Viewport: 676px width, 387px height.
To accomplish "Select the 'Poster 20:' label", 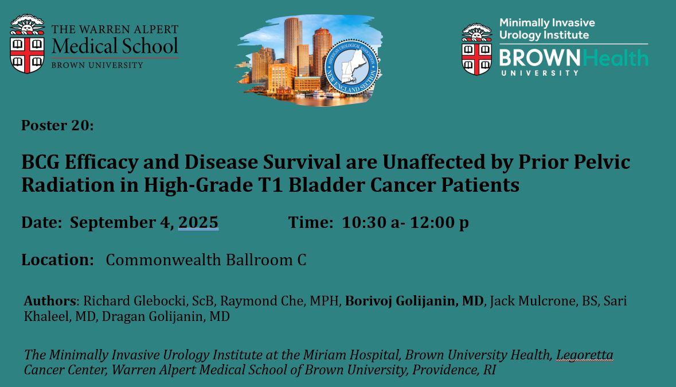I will coord(57,125).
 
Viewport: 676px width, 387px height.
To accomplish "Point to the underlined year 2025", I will coord(198,222).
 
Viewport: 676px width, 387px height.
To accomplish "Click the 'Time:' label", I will coord(310,222).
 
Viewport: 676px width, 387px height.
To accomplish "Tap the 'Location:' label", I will coord(57,260).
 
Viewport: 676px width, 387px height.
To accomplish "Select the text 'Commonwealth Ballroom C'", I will coord(206,260).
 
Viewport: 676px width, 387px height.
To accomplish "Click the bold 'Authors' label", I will coord(50,301).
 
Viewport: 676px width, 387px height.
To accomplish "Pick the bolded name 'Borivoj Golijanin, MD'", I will coord(414,301).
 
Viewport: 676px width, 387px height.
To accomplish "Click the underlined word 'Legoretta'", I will coord(584,355).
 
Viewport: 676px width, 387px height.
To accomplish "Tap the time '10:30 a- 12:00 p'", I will coord(405,222).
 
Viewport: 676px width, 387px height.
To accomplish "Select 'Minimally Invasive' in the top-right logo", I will coord(546,23).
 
